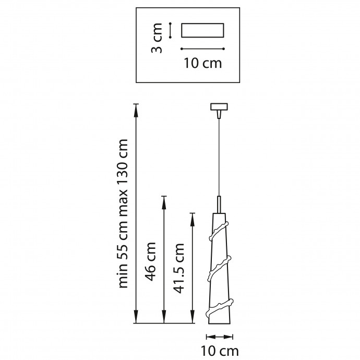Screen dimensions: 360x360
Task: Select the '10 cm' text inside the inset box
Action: pyautogui.click(x=203, y=63)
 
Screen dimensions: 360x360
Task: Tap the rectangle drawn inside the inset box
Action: pyautogui.click(x=202, y=30)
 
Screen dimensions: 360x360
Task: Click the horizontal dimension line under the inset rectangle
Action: pyautogui.click(x=202, y=49)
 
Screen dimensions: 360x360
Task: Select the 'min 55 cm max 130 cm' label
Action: pyautogui.click(x=123, y=213)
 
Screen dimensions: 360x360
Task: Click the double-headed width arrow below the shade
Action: pyautogui.click(x=219, y=337)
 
